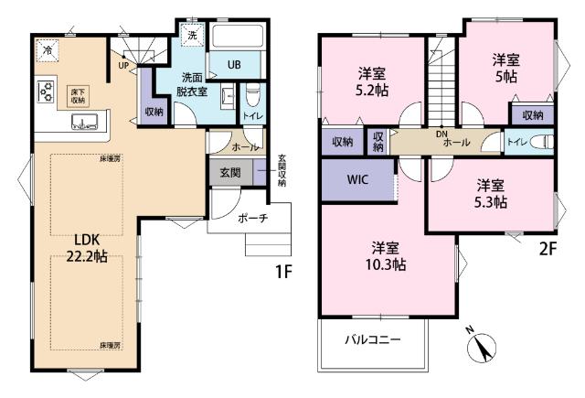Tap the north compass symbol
[481, 348]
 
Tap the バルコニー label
[374, 339]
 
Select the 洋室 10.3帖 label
[388, 256]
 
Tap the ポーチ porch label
[251, 219]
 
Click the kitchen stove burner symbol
[45, 91]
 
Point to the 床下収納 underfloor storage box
[79, 95]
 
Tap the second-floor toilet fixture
[543, 143]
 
